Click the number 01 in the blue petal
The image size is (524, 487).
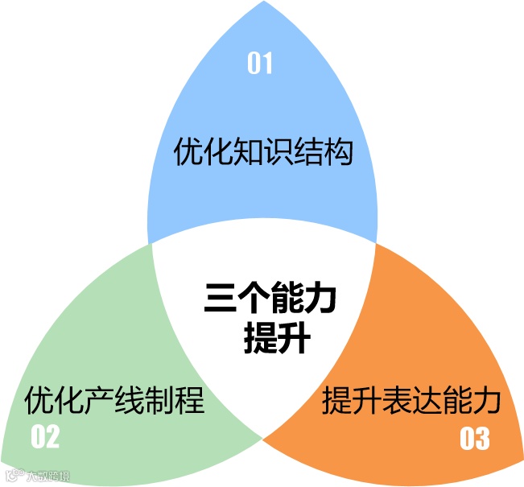click(259, 64)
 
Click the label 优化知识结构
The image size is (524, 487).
click(263, 151)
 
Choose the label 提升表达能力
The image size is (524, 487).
click(411, 399)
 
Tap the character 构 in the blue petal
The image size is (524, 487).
click(339, 151)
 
